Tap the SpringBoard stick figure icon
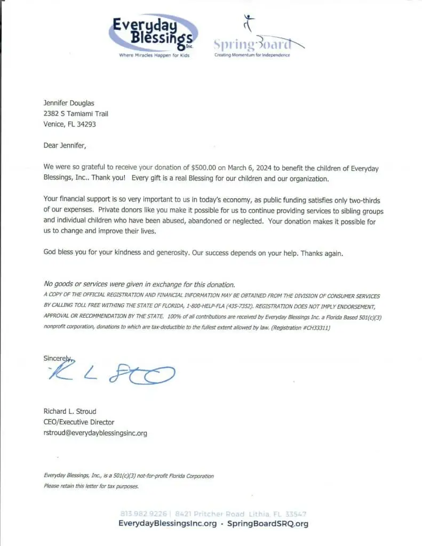[248, 23]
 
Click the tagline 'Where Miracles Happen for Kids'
[154, 55]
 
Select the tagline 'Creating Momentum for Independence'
[252, 55]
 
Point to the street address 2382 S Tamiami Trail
[76, 114]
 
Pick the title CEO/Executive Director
[78, 422]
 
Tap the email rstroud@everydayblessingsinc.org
[95, 433]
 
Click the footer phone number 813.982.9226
[143, 513]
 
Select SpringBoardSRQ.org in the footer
[268, 524]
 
